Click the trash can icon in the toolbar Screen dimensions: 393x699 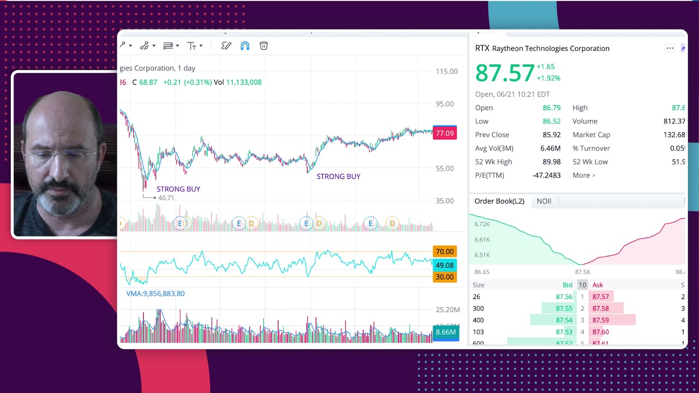[x=264, y=46]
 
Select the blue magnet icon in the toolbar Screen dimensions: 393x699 [x=245, y=46]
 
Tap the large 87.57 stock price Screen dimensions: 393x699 [x=505, y=73]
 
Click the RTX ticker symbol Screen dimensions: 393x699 [x=482, y=48]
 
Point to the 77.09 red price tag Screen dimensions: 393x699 [x=445, y=133]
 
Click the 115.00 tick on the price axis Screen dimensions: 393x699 [x=447, y=72]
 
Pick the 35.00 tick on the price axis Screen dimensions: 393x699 [x=445, y=201]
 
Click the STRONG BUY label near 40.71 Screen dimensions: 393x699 [x=178, y=189]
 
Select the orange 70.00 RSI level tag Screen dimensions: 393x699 [x=445, y=252]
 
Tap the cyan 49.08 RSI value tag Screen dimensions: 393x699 [x=445, y=265]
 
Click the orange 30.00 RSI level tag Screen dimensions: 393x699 [x=445, y=277]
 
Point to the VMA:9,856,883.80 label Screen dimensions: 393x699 [x=155, y=294]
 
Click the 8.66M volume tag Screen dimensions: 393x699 [x=446, y=332]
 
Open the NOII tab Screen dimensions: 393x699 [x=544, y=201]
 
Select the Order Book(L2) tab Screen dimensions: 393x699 [x=499, y=201]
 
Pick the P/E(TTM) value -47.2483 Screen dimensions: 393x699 [x=546, y=175]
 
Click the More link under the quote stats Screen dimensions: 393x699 [x=583, y=175]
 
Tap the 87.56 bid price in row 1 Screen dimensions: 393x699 [x=564, y=297]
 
